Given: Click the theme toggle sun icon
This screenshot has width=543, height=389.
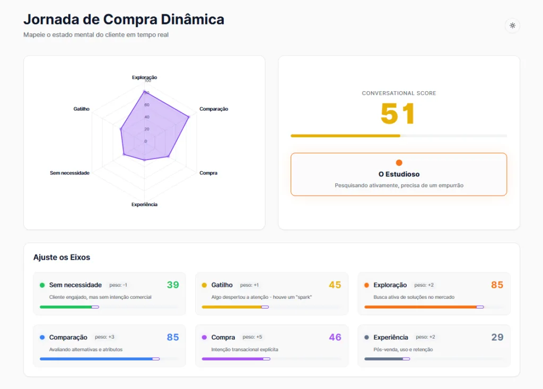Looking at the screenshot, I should [512, 25].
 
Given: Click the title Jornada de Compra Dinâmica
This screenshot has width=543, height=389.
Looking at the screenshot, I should [124, 19].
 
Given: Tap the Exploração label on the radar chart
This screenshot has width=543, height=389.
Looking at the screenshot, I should [144, 77].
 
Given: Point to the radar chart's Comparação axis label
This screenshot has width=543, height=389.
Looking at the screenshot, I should [214, 109].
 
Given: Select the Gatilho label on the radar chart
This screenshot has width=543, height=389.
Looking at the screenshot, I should [81, 109].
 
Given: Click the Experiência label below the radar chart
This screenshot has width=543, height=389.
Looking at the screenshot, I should [144, 205].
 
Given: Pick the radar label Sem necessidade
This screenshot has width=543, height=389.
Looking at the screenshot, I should [69, 173].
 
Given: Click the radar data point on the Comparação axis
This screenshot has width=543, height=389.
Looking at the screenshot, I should [188, 117].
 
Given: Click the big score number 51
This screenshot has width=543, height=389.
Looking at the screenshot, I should [398, 113].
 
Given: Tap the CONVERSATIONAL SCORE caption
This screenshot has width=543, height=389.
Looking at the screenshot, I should [399, 93].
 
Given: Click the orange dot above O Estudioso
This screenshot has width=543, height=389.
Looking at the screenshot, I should [399, 163].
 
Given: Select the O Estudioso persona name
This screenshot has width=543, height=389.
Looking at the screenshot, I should [399, 174].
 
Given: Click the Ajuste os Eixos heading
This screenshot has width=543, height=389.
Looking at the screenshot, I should [62, 258].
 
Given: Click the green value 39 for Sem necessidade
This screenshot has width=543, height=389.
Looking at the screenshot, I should [173, 285].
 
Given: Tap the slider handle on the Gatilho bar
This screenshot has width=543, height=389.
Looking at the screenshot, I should [265, 307].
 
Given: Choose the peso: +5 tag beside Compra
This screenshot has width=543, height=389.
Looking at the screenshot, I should [252, 337].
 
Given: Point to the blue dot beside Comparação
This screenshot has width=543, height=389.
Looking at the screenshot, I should [42, 338].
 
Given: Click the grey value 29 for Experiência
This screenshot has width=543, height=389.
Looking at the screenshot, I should [497, 338].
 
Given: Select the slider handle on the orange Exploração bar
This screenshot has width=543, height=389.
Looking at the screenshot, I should [480, 307].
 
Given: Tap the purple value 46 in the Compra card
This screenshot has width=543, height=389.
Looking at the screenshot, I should [335, 338].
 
